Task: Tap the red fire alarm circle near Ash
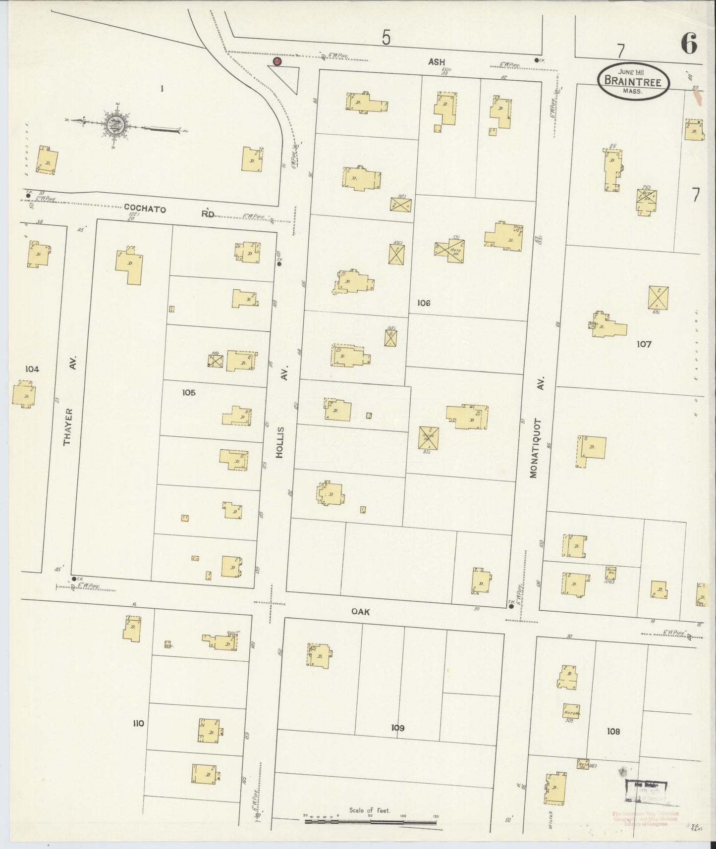point(277,61)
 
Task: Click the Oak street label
point(360,612)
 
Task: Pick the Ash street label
point(437,62)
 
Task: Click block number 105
point(189,392)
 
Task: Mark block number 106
point(424,303)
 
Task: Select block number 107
point(644,344)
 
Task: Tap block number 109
point(398,728)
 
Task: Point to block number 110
point(138,723)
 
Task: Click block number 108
point(613,731)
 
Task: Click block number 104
point(32,369)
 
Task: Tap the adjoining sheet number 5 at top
point(386,38)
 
